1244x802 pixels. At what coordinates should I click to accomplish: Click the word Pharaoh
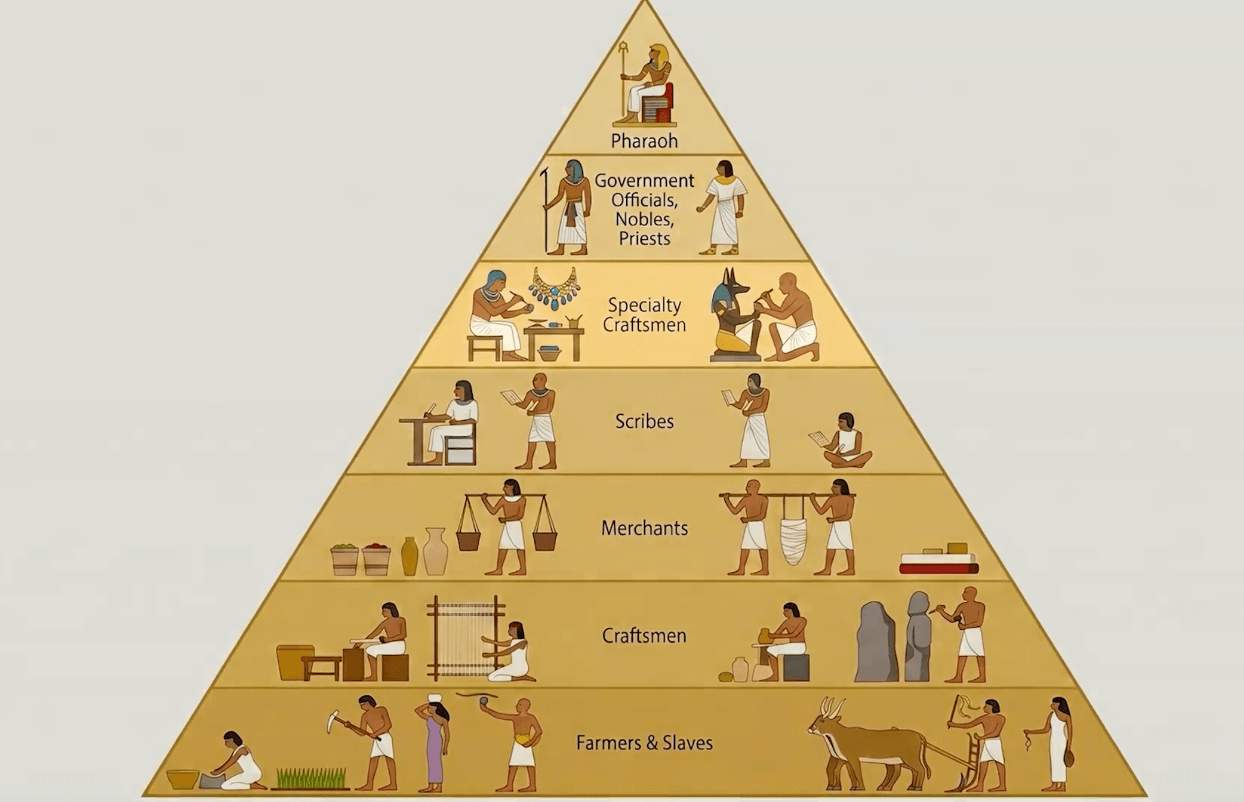coord(644,141)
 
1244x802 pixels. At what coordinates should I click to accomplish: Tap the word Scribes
coord(644,421)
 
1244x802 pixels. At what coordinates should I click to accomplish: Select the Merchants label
coord(644,528)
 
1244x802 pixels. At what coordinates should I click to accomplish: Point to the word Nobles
coord(644,219)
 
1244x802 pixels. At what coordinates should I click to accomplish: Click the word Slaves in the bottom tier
coord(687,743)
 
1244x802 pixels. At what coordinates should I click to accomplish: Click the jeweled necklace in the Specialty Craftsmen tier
coord(554,288)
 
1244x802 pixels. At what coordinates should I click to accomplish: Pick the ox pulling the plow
coord(869,743)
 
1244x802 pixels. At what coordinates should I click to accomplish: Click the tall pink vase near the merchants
coord(436,551)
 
